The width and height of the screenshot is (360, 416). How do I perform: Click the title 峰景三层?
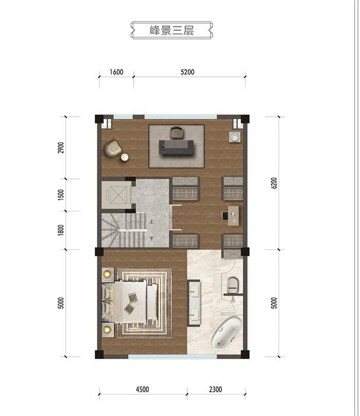click(172, 30)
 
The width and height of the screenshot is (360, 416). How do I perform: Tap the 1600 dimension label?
click(116, 72)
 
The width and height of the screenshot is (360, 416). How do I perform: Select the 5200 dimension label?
click(187, 72)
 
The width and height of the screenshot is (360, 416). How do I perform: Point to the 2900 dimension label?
click(61, 148)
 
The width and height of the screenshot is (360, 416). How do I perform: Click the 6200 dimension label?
click(274, 183)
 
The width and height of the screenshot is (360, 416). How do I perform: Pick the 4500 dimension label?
click(142, 389)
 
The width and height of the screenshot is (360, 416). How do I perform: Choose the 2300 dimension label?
click(215, 389)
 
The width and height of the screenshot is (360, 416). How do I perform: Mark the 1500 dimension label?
click(61, 195)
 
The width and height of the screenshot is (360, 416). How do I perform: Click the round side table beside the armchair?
click(124, 157)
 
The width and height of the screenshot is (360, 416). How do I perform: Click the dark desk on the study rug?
click(176, 147)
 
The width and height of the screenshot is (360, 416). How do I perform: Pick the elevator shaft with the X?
click(117, 195)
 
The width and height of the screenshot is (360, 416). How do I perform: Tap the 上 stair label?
click(152, 221)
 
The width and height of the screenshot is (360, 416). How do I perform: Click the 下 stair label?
click(152, 239)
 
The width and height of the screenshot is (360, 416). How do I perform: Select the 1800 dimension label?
click(61, 230)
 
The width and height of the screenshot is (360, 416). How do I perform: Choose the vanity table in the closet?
click(233, 216)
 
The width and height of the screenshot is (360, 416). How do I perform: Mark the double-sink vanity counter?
click(194, 303)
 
